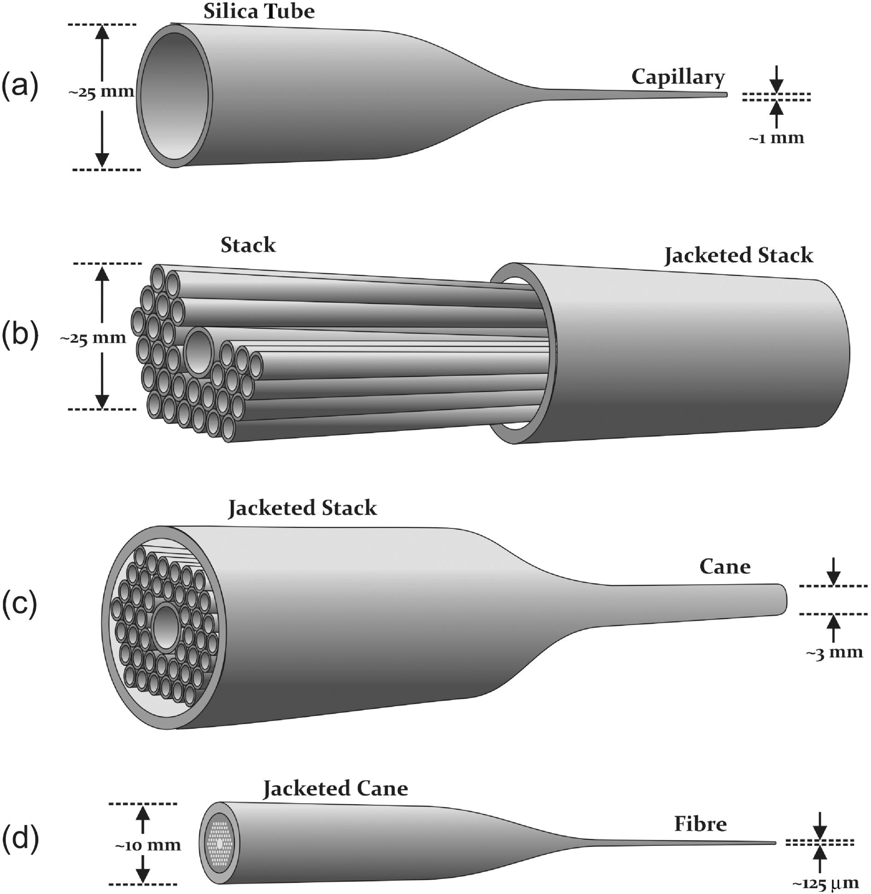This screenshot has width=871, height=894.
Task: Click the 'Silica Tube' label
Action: pos(259,12)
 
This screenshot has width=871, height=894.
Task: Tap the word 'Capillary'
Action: pos(678,77)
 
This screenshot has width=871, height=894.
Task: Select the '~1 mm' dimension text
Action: pos(776,138)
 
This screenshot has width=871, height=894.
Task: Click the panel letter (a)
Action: pos(20,86)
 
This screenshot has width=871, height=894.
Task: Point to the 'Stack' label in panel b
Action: pos(248,245)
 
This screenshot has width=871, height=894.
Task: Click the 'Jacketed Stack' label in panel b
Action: pos(738,255)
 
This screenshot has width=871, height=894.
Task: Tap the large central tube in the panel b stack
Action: pos(199,350)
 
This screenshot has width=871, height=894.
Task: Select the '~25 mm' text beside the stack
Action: pos(93,338)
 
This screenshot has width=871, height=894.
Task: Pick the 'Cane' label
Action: pos(725,567)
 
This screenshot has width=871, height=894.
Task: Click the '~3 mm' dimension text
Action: pos(834,652)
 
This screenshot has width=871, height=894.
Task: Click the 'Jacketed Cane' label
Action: pos(335,789)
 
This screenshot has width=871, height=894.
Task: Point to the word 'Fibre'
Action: pos(700,824)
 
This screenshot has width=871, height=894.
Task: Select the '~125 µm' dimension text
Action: pos(825,883)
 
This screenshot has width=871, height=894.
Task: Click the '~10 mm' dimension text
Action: pos(148,845)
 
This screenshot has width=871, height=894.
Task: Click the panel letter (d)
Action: pos(20,839)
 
